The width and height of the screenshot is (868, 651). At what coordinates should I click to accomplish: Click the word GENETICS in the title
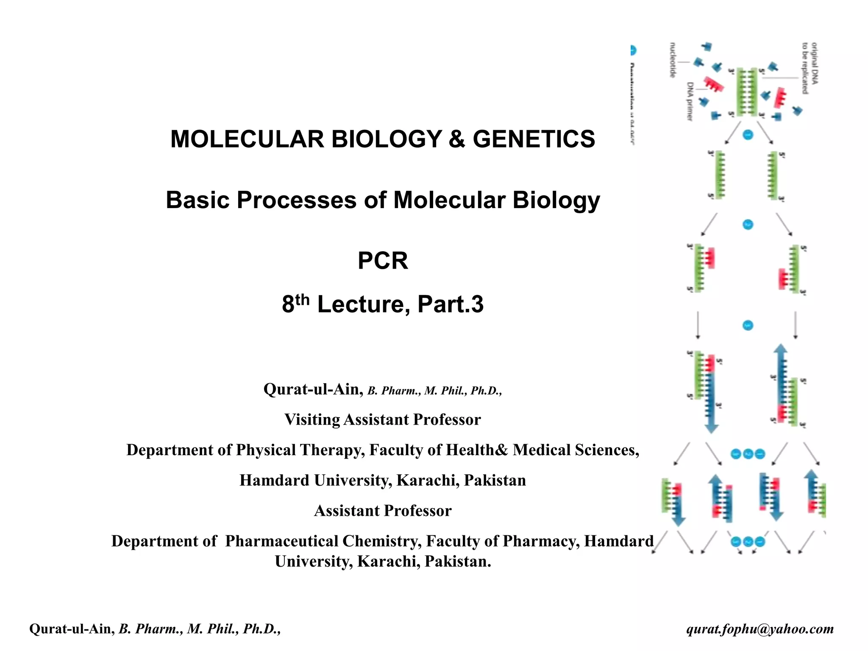tap(534, 139)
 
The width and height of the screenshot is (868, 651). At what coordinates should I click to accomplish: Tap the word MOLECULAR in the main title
tap(247, 139)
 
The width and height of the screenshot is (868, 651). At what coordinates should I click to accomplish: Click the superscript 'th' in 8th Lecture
tap(302, 299)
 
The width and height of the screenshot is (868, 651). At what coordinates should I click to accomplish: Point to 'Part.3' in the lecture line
tap(450, 304)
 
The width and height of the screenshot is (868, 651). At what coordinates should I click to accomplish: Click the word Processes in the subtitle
tap(296, 200)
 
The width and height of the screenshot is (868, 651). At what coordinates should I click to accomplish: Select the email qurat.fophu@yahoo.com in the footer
tap(760, 629)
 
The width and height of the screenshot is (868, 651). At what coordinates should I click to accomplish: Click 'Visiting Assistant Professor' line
tap(383, 420)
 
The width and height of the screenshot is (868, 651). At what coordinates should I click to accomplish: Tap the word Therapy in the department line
tap(332, 450)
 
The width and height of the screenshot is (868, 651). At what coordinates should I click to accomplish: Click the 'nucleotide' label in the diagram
tap(673, 60)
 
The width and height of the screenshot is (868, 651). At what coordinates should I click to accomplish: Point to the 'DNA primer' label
tap(690, 101)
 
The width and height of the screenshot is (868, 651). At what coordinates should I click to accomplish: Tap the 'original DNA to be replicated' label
tap(810, 68)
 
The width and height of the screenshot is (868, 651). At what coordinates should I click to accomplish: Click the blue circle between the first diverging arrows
tap(748, 135)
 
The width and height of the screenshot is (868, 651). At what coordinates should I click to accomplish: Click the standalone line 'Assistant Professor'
tap(383, 511)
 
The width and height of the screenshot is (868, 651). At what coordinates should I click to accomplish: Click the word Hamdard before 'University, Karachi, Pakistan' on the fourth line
tap(274, 481)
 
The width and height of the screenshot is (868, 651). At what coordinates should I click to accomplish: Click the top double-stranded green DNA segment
tap(747, 92)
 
